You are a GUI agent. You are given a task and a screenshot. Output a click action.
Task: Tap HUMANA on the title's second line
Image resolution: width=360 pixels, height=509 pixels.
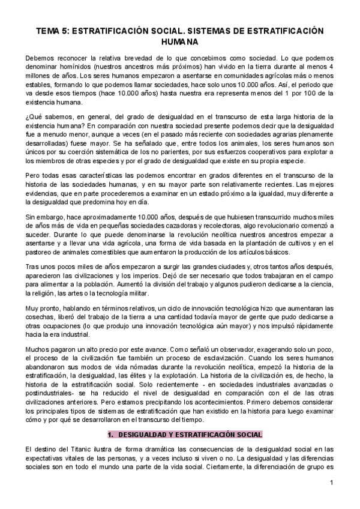(x=179, y=43)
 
